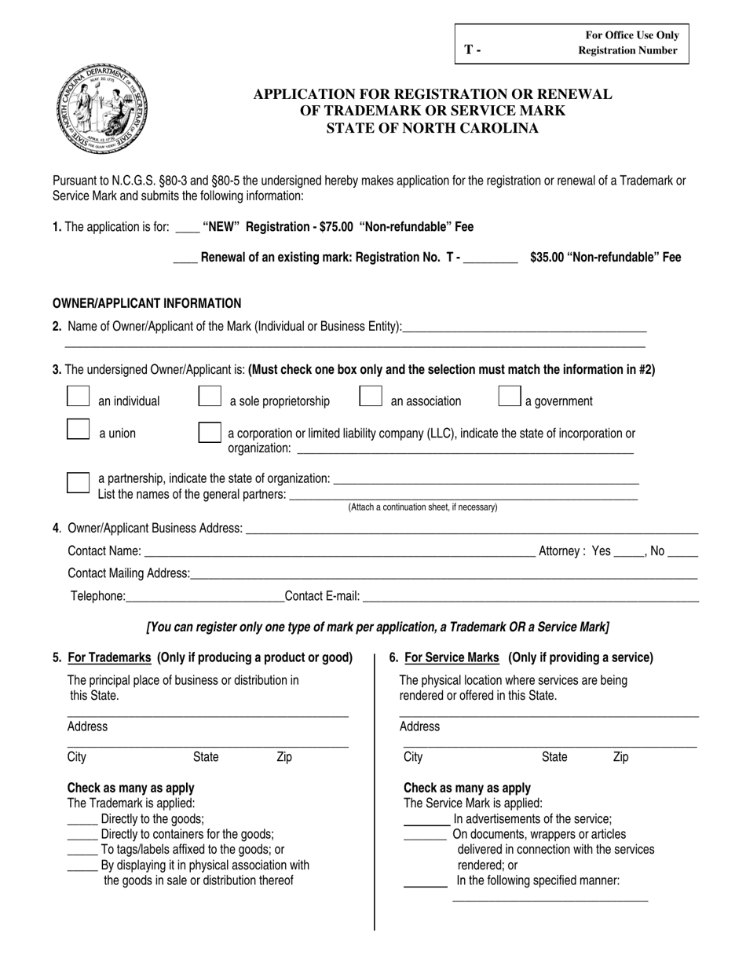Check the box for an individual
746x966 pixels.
tap(79, 397)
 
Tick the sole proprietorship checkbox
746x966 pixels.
tap(210, 397)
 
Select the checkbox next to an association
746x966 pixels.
tap(371, 397)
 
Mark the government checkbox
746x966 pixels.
tap(510, 397)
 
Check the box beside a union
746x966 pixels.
tap(79, 429)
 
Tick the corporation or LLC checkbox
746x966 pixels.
tap(210, 433)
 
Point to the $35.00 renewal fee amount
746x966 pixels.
tap(547, 257)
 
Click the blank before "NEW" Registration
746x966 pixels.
tap(187, 229)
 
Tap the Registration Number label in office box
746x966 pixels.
tap(627, 50)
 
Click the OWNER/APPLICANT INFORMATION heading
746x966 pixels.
tap(147, 303)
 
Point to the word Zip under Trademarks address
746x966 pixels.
tap(284, 757)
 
